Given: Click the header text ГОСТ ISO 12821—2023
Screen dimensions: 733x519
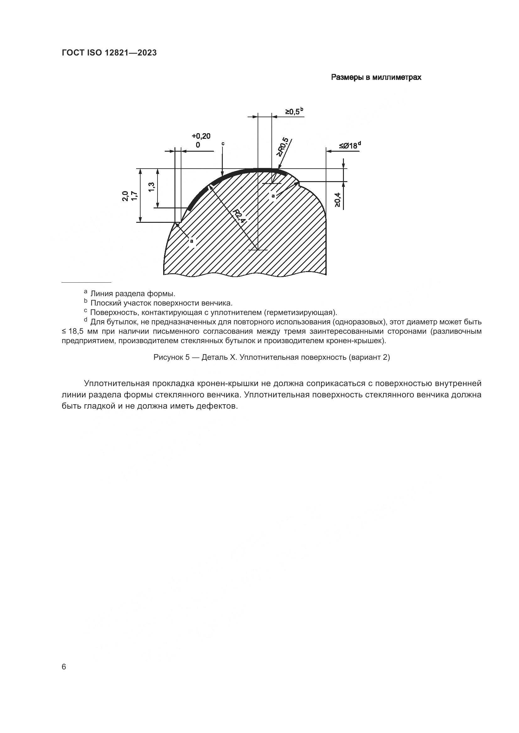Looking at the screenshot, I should point(109,53).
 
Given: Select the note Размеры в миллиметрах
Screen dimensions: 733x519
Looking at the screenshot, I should point(376,77).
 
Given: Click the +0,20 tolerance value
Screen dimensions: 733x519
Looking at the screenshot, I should point(201,136).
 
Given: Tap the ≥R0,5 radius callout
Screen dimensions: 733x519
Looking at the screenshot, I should point(283,147).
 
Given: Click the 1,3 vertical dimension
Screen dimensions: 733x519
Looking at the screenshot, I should point(152,187).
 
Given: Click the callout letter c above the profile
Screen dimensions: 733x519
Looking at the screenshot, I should point(223,144).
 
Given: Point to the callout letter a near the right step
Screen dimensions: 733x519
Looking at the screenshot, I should point(273,196).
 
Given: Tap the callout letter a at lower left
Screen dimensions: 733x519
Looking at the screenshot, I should point(191,241).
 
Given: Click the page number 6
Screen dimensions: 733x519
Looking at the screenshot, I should point(64,667).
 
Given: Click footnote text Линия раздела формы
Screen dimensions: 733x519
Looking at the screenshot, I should point(133,293).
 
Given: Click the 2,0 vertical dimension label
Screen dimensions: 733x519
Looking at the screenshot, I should point(125,196).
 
